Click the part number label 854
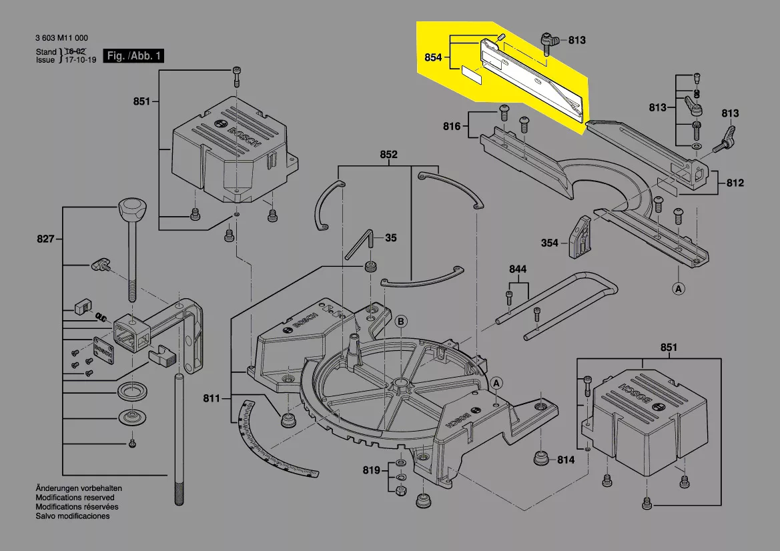[433, 58]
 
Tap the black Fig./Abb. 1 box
[133, 56]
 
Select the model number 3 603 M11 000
[61, 38]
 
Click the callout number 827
[45, 238]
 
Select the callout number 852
[388, 155]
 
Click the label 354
[549, 243]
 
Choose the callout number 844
[518, 269]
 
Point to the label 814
[566, 460]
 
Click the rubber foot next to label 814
[541, 460]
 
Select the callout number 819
[372, 471]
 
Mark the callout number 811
[212, 399]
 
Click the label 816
[452, 126]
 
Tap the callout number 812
[735, 183]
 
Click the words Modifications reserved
[75, 498]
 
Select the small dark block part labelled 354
[579, 237]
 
